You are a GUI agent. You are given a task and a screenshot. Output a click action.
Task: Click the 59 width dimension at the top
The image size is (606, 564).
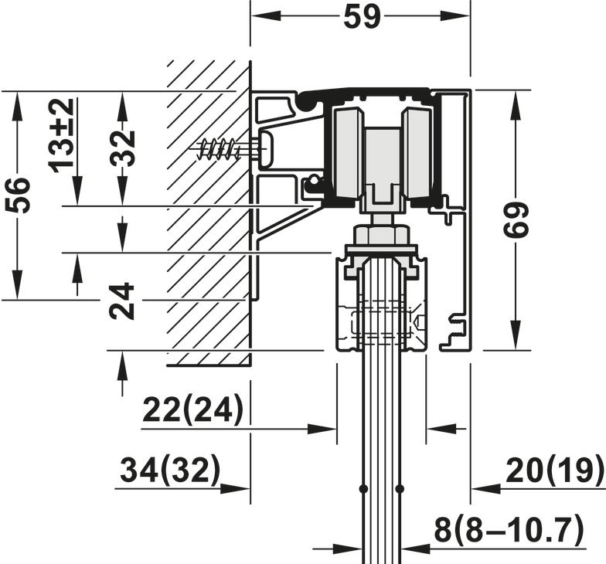[362, 17]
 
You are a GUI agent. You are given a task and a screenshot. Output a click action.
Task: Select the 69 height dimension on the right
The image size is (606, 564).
[516, 219]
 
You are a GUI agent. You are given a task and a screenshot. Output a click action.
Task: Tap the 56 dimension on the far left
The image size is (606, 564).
[18, 195]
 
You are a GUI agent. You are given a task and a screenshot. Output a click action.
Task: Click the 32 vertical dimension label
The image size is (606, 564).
[123, 148]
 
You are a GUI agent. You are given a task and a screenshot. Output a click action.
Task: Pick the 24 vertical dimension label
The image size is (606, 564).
[121, 301]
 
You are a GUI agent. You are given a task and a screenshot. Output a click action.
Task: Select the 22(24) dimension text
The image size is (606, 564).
[193, 409]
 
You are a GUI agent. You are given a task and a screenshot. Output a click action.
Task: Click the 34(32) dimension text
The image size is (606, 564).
[170, 470]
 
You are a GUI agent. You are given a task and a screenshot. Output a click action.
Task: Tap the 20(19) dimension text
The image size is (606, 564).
[554, 470]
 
